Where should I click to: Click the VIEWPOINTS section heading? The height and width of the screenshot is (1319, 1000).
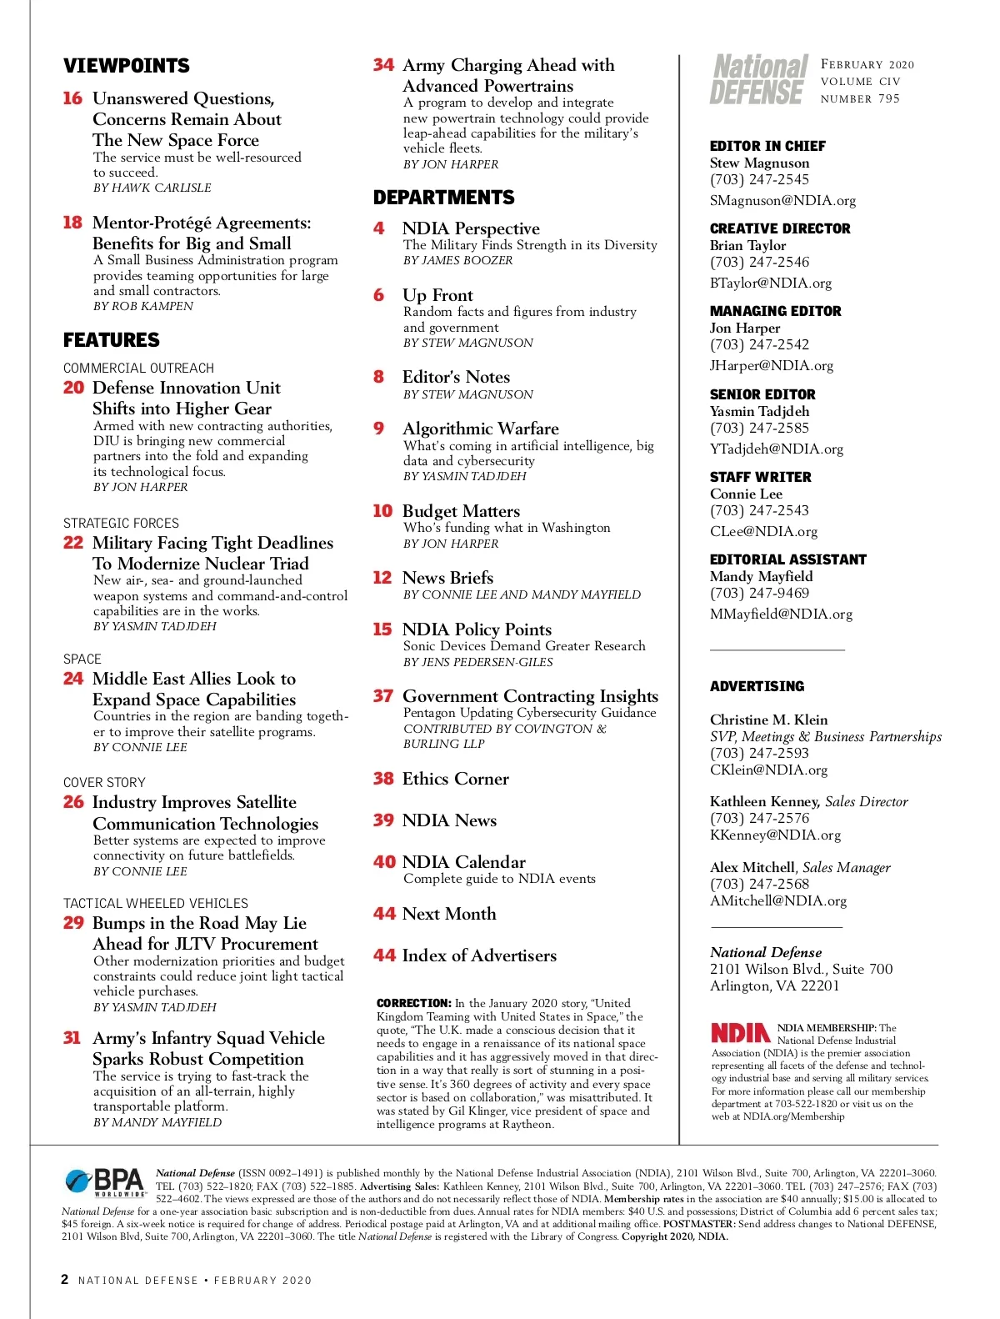point(127,66)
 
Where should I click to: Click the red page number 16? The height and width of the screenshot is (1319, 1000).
point(72,98)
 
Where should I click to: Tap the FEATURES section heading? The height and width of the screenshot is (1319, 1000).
point(112,340)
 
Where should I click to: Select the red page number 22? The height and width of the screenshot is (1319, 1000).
point(73,543)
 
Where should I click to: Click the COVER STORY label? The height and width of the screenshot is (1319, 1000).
point(104,782)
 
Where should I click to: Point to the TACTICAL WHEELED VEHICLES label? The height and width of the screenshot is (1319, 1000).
point(156,903)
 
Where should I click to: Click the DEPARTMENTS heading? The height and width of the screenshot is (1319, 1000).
point(444,198)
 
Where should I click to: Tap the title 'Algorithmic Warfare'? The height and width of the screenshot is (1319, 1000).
point(480,429)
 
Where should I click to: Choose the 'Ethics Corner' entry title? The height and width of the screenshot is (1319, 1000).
point(455,779)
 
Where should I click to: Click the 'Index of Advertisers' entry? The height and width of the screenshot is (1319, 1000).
point(479,955)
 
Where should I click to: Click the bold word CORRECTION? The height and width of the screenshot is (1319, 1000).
point(413,1003)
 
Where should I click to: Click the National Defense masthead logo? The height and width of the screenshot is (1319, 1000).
point(759,80)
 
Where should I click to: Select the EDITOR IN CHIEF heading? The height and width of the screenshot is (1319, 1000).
point(767,146)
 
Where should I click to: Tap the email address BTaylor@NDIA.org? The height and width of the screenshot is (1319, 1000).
point(771,283)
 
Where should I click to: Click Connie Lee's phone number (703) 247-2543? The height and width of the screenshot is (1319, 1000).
point(759,510)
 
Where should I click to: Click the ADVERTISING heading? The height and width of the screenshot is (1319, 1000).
point(757,686)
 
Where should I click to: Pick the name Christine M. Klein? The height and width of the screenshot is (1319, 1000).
point(768,720)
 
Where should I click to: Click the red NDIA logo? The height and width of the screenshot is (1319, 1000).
point(740,1034)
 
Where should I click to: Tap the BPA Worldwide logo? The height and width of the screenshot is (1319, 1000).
point(105,1181)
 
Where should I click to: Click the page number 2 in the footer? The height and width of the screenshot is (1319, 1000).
point(65,1279)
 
